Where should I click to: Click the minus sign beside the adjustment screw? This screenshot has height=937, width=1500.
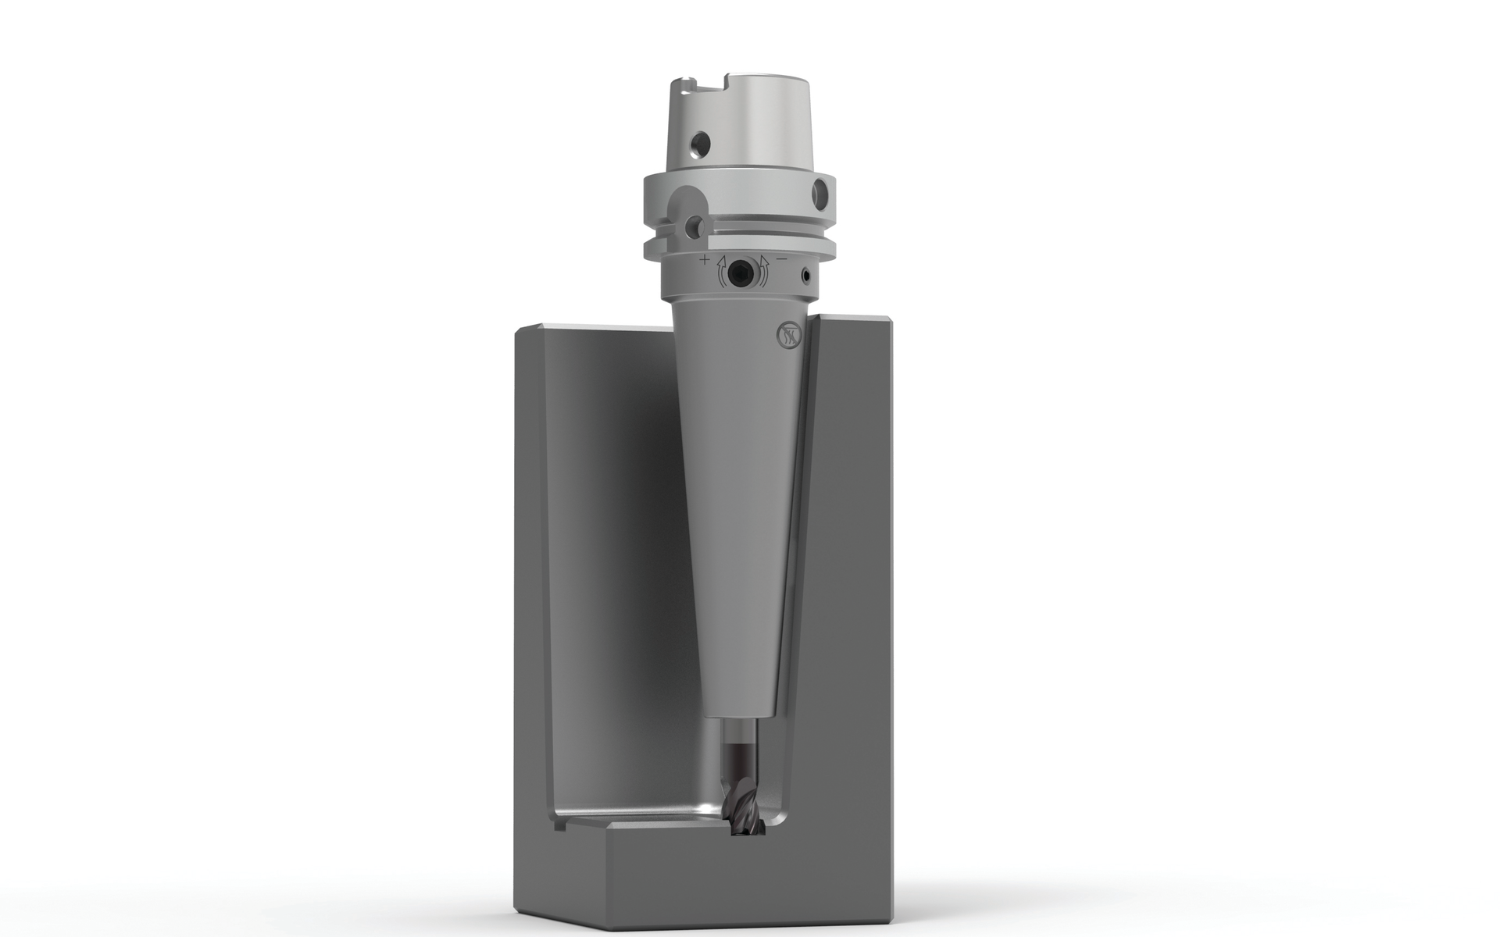782,258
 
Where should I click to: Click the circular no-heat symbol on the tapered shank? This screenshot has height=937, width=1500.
785,335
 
